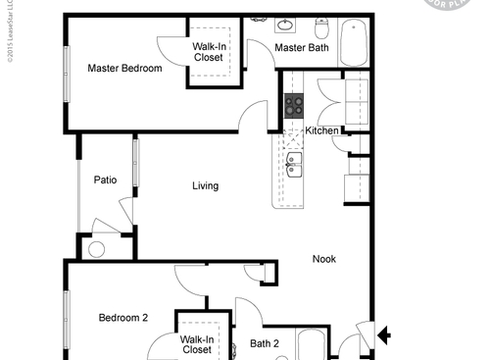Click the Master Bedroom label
pyautogui.click(x=124, y=69)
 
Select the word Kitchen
pyautogui.click(x=322, y=130)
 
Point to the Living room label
pyautogui.click(x=205, y=185)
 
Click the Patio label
pyautogui.click(x=106, y=180)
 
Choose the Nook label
pyautogui.click(x=324, y=259)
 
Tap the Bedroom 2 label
pyautogui.click(x=123, y=318)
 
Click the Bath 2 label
pyautogui.click(x=265, y=343)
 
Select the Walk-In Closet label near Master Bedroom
pyautogui.click(x=208, y=51)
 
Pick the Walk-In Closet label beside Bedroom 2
pyautogui.click(x=196, y=344)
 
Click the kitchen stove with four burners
pyautogui.click(x=294, y=104)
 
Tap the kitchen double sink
pyautogui.click(x=295, y=164)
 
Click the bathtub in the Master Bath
pyautogui.click(x=353, y=43)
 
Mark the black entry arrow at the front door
pyautogui.click(x=385, y=337)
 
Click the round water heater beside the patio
pyautogui.click(x=96, y=249)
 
